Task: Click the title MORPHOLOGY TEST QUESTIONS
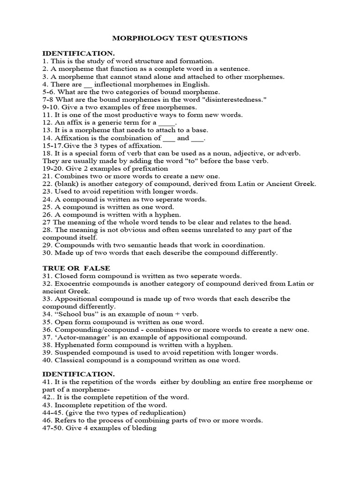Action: point(180,38)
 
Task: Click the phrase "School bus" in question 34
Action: point(75,314)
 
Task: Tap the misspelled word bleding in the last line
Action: point(144,428)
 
